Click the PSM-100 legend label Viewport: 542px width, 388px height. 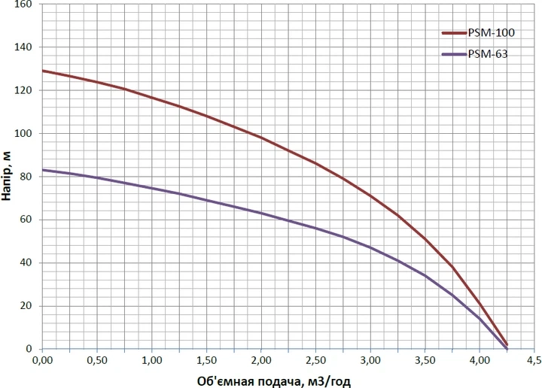click(491, 33)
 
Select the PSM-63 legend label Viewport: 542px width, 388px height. click(488, 54)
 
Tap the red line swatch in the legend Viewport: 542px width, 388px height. click(455, 33)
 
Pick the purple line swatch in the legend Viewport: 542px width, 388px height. click(455, 54)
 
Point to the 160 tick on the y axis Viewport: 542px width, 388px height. click(23, 5)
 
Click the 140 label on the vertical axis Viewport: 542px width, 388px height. click(23, 47)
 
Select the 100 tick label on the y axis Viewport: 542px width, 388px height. click(23, 133)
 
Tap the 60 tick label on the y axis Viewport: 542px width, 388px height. click(26, 220)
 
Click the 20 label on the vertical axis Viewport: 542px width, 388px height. click(26, 306)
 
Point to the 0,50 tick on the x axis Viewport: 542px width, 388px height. click(97, 360)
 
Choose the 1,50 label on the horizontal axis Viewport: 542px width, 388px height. click(206, 360)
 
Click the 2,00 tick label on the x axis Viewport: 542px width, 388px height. click(261, 360)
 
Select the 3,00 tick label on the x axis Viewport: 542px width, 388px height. click(370, 360)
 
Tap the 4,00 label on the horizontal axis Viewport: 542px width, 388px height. click(480, 360)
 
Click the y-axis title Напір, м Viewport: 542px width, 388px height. click(7, 176)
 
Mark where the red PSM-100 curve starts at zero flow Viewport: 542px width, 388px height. click(42, 71)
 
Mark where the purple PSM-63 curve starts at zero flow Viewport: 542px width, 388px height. click(42, 170)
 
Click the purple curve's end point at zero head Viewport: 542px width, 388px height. click(507, 349)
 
